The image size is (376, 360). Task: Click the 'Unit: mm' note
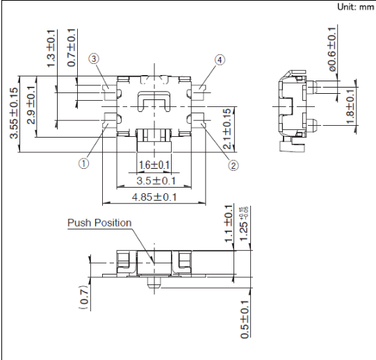pos(356,7)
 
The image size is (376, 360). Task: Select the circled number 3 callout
pos(94,58)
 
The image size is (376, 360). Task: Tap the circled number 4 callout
pos(220,60)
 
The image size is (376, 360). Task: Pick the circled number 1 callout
pos(83,163)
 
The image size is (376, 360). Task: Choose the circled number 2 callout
pos(233,165)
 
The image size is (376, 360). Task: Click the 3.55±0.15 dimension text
pos(14,113)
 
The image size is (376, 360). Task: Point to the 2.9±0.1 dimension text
pos(31,105)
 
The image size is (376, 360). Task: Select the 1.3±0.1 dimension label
pos(51,49)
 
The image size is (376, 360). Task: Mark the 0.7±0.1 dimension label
pos(72,47)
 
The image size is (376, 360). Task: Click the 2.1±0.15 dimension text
pos(227,129)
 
